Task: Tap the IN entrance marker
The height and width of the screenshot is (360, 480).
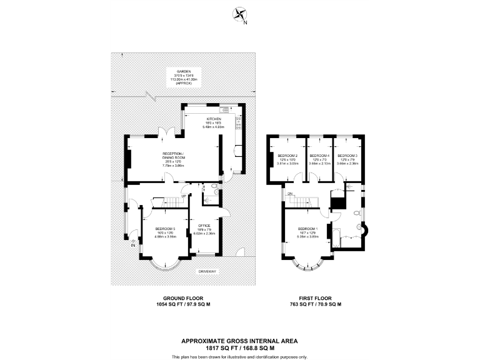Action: point(132,245)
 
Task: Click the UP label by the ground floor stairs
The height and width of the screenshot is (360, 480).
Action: point(182,195)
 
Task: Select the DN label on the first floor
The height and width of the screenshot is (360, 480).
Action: point(290,194)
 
